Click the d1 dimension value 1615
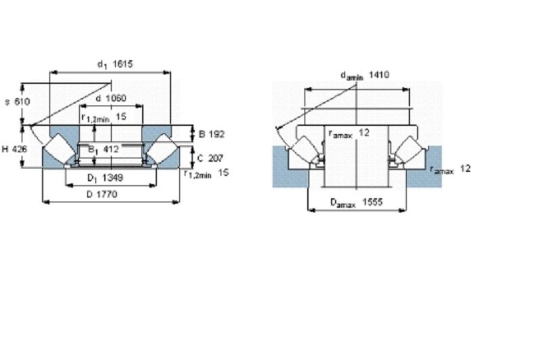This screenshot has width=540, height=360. click(122, 64)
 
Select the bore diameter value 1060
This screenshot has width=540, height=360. click(116, 98)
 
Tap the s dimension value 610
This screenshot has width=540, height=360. click(22, 102)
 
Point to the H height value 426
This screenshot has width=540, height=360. click(20, 149)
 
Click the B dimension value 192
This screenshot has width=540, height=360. click(217, 134)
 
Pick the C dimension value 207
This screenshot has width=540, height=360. click(215, 158)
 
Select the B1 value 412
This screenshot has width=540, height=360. click(110, 149)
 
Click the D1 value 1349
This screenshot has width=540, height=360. click(113, 178)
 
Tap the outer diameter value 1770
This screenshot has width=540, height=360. click(107, 194)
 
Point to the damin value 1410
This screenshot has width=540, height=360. click(379, 74)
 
